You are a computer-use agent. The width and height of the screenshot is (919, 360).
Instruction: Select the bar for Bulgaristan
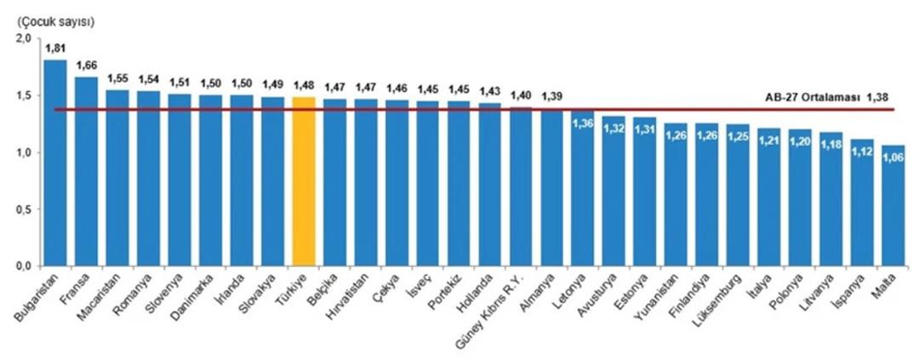pyautogui.click(x=55, y=162)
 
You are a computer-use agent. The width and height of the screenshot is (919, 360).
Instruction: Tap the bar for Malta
pyautogui.click(x=893, y=205)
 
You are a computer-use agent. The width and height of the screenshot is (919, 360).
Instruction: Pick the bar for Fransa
pyautogui.click(x=86, y=170)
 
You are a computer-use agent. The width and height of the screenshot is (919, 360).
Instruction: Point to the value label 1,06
pyautogui.click(x=893, y=156)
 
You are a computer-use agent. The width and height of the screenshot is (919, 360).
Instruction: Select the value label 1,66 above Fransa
pyautogui.click(x=87, y=66)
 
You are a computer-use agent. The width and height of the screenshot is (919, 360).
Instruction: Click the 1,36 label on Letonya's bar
pyautogui.click(x=583, y=123)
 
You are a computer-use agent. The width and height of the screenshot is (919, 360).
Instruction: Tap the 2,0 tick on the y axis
pyautogui.click(x=24, y=38)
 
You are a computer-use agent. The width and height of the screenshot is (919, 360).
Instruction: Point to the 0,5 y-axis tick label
pyautogui.click(x=24, y=209)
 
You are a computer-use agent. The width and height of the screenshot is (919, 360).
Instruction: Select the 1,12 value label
pyautogui.click(x=862, y=151)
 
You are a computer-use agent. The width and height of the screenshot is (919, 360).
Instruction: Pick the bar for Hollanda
pyautogui.click(x=489, y=184)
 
